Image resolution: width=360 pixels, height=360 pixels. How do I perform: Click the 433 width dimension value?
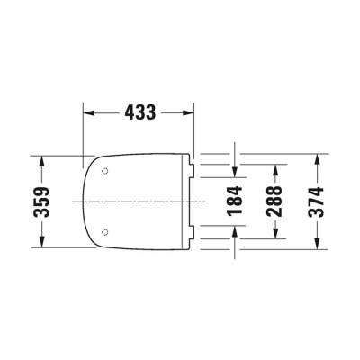coord(139,112)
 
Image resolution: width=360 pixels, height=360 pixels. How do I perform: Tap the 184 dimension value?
coord(236,200)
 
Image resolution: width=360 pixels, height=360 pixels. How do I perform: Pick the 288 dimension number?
coord(276,200)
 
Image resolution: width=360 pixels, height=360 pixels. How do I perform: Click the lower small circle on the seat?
coord(106,232)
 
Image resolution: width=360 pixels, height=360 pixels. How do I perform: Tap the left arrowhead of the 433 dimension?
coord(88,113)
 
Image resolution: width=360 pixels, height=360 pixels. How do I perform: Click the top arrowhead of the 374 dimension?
coord(317,158)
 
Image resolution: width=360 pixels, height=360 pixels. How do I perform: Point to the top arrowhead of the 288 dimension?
coord(276,169)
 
